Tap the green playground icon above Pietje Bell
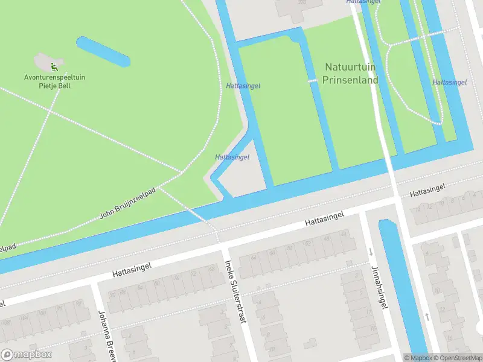point(54,66)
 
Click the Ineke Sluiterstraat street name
point(235,291)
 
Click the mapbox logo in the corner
point(27,355)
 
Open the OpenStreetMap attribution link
point(456,358)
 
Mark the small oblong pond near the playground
point(103,52)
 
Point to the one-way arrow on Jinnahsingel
point(370,251)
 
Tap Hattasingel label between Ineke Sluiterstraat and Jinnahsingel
point(324,219)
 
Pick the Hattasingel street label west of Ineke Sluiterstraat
point(131,269)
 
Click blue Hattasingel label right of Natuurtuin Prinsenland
point(449,82)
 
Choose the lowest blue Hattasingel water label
point(232,157)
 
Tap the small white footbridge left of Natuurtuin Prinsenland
point(312,81)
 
